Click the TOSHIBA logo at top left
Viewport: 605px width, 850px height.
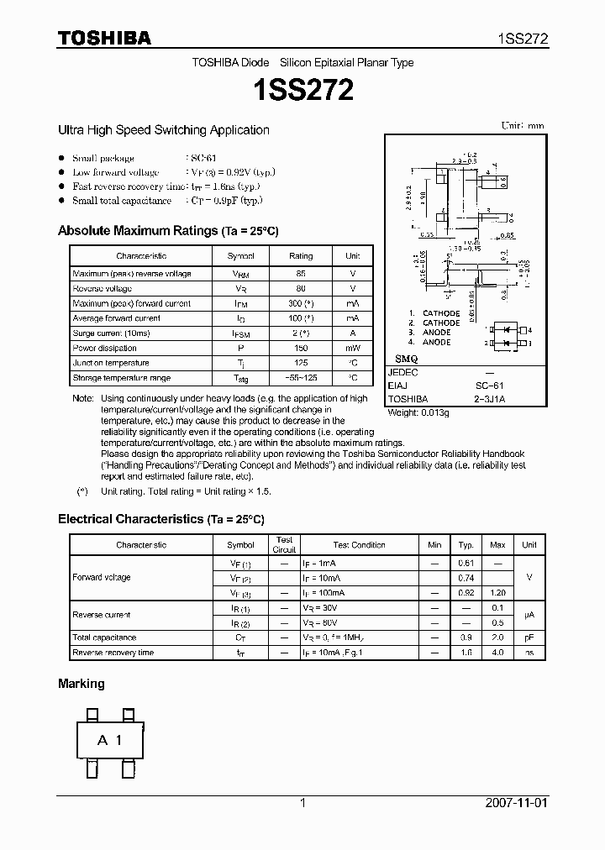[x=104, y=38]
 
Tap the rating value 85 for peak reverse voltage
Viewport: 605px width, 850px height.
[x=300, y=274]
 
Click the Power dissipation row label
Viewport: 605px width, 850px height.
[x=104, y=348]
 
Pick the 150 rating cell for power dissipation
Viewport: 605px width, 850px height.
[x=300, y=348]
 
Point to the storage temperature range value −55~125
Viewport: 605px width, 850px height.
[x=300, y=378]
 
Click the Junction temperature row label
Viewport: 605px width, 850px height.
[x=111, y=363]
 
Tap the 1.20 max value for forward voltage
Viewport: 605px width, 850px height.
[x=497, y=593]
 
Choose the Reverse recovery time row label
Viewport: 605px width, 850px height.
[x=113, y=653]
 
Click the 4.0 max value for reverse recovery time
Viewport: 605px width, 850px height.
[x=497, y=653]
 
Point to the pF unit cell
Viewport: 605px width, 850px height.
[x=529, y=637]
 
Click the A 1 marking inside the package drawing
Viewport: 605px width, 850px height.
[x=110, y=740]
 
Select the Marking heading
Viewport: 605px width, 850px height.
[x=82, y=684]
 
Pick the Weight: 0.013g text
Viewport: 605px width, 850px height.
[x=418, y=413]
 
